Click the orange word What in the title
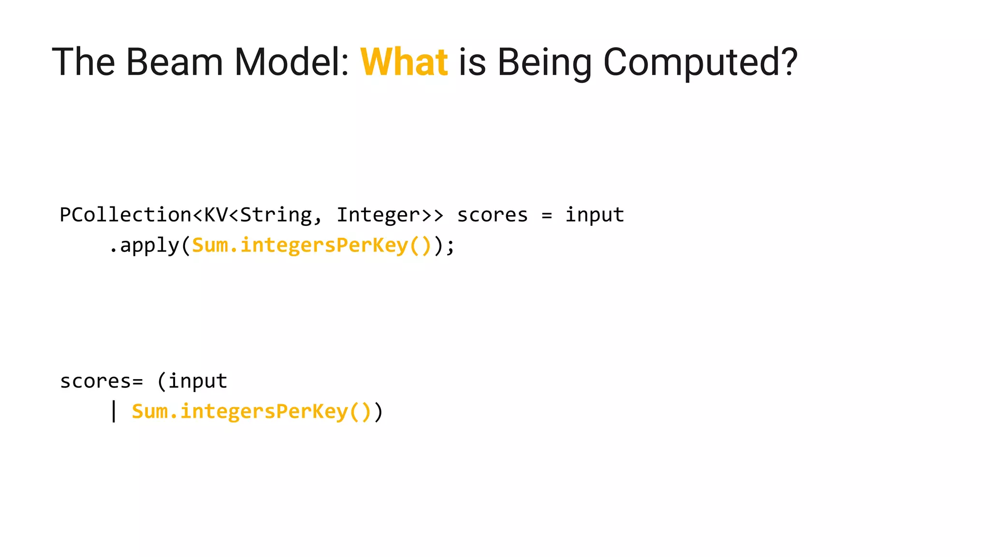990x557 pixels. click(404, 62)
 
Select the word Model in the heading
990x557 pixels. click(291, 62)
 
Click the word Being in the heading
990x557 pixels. click(544, 62)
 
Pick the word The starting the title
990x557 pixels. click(83, 62)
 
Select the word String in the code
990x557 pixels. click(276, 215)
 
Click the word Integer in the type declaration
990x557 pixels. click(378, 215)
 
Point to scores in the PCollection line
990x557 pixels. click(492, 215)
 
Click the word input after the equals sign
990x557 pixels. click(595, 215)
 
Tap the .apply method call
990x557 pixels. click(144, 246)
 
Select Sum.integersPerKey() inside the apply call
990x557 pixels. click(312, 246)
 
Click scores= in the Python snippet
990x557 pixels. click(102, 381)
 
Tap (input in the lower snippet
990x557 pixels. click(192, 381)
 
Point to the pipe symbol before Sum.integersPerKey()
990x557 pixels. click(114, 411)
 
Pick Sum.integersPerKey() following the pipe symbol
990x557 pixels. click(251, 411)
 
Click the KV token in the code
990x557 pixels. click(216, 215)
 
